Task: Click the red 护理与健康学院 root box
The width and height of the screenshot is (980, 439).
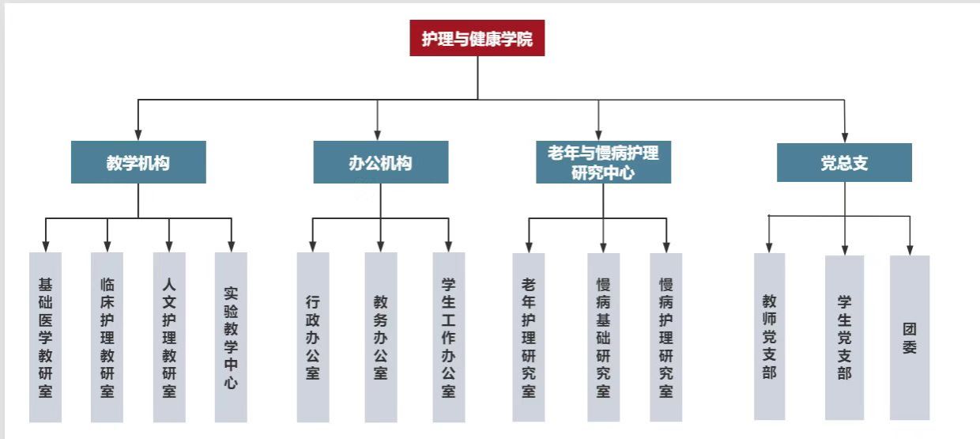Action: point(477,38)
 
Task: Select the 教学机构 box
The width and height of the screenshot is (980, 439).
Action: point(138,162)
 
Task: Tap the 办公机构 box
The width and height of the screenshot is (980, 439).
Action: point(380,162)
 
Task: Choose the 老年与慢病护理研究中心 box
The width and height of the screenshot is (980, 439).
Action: point(603,162)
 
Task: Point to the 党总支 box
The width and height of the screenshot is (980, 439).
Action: point(844,162)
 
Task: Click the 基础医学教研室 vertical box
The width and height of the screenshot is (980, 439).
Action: point(45,337)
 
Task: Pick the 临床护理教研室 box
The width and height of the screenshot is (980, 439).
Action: point(107,337)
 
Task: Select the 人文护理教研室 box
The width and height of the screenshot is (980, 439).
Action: point(169,337)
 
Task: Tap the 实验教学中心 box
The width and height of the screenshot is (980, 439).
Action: point(231,337)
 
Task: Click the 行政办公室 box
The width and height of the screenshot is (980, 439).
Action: point(313,337)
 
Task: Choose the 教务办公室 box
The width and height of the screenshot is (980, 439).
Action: point(381,337)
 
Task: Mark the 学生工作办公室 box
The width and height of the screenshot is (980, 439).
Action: point(449,337)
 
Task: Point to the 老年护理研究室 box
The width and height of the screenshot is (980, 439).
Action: point(529,337)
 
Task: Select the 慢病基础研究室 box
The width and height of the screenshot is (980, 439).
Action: point(604,337)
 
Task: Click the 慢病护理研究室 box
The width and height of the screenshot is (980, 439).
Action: point(666,337)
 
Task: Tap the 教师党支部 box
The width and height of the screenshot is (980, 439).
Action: point(769,336)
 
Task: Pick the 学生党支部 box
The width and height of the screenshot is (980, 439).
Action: point(844,337)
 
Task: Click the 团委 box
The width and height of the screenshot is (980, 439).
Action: point(910,337)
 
